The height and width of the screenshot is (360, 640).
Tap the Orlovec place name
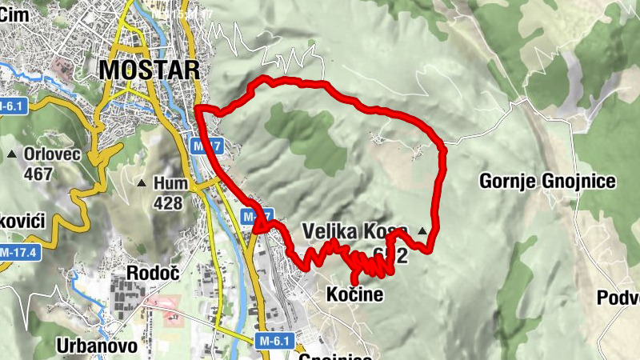(x=53, y=154)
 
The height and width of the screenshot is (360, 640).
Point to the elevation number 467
(x=38, y=174)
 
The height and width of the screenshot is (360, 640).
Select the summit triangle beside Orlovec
(x=12, y=154)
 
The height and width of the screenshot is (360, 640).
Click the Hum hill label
(x=172, y=183)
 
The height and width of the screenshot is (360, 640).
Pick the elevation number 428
(x=166, y=203)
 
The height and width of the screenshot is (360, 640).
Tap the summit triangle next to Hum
(x=142, y=183)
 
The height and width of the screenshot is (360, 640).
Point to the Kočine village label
(x=354, y=295)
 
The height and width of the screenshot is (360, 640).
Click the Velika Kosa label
(x=354, y=232)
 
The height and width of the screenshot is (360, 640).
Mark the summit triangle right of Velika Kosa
(x=422, y=232)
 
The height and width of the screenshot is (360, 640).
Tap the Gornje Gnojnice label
(x=547, y=182)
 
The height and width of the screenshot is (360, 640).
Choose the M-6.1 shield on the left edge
(x=10, y=106)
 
